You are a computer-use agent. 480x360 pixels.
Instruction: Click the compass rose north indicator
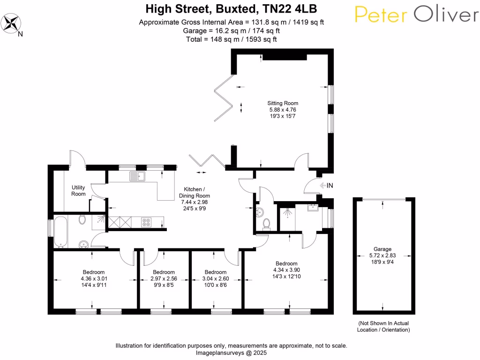13,22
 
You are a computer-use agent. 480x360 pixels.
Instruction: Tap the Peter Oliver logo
416,15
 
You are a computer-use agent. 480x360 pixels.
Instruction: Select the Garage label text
382,249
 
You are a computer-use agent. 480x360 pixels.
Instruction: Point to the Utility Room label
78,190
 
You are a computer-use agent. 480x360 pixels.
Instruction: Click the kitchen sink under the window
138,176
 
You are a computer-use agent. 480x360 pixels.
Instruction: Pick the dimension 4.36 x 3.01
93,278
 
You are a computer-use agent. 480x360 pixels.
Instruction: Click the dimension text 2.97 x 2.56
164,278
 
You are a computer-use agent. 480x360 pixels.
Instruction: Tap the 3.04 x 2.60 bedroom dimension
216,278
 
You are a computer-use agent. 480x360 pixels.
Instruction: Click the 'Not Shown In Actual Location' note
383,327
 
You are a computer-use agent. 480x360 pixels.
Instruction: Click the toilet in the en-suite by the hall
267,224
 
